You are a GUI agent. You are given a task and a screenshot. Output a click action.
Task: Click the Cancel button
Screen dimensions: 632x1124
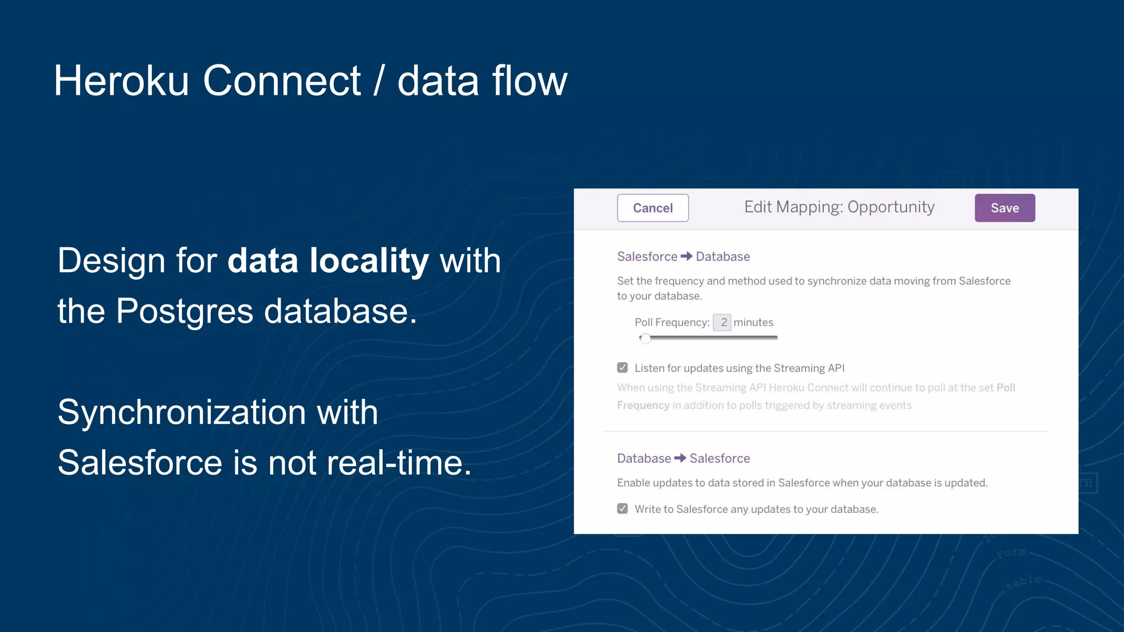653,208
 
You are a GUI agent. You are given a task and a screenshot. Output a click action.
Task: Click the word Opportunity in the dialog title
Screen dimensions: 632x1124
891,207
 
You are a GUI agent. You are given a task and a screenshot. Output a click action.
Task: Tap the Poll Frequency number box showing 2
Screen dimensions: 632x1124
722,323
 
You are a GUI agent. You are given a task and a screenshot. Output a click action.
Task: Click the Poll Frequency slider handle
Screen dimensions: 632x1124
646,338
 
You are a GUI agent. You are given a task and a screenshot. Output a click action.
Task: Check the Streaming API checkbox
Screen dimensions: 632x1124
622,368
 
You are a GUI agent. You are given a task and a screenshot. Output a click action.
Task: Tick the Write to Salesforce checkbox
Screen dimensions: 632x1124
622,509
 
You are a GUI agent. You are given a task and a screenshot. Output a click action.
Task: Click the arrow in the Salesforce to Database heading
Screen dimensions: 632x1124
687,256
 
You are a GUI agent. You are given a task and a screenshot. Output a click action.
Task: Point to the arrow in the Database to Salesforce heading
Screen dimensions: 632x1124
680,458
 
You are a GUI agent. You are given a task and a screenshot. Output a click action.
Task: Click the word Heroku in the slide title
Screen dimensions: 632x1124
121,81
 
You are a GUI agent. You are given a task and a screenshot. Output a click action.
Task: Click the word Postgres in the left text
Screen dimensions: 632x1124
184,311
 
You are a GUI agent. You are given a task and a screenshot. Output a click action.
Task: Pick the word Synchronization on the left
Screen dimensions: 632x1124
182,412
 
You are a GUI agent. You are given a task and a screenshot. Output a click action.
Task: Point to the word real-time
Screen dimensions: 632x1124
399,462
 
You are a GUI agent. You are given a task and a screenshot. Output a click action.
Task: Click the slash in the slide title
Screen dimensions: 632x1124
378,81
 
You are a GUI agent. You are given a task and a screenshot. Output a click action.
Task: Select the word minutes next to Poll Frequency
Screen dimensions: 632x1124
753,323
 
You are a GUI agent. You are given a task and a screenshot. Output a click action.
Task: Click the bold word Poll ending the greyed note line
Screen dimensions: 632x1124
1005,388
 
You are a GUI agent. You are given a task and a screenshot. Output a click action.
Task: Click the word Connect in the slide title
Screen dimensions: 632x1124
282,81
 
